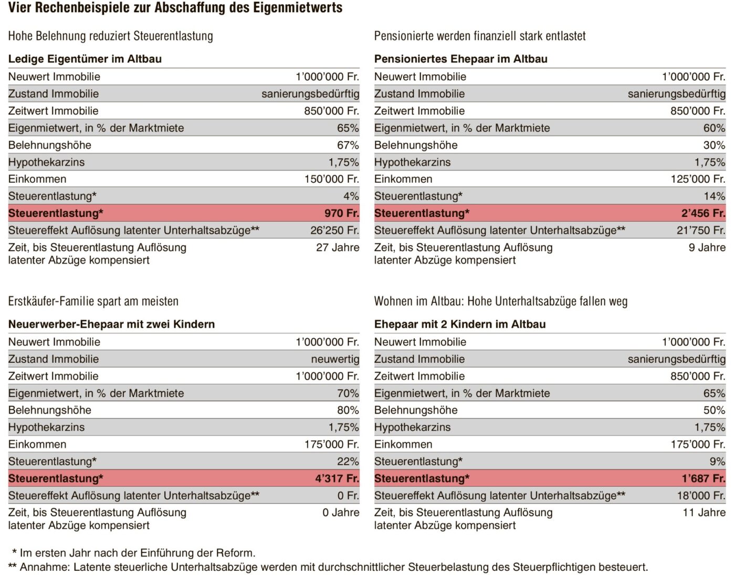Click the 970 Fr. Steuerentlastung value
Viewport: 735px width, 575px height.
[342, 213]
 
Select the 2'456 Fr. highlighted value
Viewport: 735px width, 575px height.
[703, 213]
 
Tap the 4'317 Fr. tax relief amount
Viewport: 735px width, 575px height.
[337, 478]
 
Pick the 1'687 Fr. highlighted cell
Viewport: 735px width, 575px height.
[703, 478]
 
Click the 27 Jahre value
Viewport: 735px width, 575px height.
[338, 247]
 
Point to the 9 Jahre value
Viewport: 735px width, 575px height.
[707, 247]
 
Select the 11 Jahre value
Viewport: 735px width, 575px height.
[704, 513]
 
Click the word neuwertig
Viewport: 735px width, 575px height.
[335, 359]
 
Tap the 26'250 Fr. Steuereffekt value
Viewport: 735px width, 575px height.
[335, 231]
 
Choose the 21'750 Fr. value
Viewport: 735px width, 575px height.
[701, 231]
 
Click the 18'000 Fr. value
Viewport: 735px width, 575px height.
[701, 496]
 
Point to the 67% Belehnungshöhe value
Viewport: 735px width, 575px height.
[348, 145]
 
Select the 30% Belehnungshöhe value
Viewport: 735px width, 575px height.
[715, 145]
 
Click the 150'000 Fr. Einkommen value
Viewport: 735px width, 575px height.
[332, 179]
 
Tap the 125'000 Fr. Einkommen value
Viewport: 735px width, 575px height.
[698, 179]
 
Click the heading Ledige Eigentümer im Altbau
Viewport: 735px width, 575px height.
[85, 59]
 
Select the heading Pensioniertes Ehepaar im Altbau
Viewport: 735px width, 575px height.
[460, 59]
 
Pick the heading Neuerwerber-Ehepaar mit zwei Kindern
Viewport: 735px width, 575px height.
[112, 324]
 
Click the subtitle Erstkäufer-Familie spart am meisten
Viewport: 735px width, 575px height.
[93, 301]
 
